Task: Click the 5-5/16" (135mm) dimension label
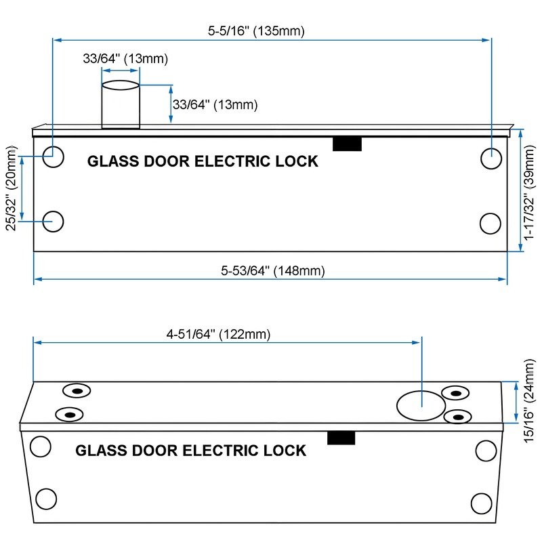pyautogui.click(x=256, y=31)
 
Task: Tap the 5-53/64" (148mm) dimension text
pyautogui.click(x=273, y=270)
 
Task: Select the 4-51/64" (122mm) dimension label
pyautogui.click(x=218, y=334)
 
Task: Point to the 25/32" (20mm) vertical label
pyautogui.click(x=12, y=188)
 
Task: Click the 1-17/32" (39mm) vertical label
pyautogui.click(x=529, y=192)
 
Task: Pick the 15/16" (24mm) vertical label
pyautogui.click(x=529, y=401)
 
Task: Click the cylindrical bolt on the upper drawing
pyautogui.click(x=121, y=105)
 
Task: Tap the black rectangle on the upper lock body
pyautogui.click(x=347, y=144)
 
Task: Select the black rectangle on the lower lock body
pyautogui.click(x=341, y=438)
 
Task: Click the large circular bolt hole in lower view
pyautogui.click(x=421, y=406)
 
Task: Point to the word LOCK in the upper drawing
pyautogui.click(x=297, y=161)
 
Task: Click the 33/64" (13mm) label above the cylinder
pyautogui.click(x=125, y=58)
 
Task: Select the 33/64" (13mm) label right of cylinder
pyautogui.click(x=215, y=104)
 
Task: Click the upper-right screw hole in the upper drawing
pyautogui.click(x=491, y=159)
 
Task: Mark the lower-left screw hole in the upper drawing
pyautogui.click(x=54, y=222)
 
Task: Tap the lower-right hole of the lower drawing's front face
pyautogui.click(x=482, y=503)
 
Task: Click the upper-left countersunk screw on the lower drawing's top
pyautogui.click(x=77, y=391)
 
